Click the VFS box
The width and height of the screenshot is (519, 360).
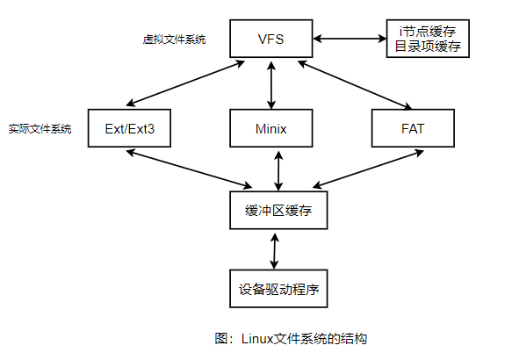pyautogui.click(x=271, y=40)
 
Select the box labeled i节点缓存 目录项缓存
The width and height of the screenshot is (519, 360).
pyautogui.click(x=428, y=40)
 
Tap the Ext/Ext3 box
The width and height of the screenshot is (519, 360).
pyautogui.click(x=129, y=128)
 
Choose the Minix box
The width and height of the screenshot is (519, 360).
pyautogui.click(x=271, y=128)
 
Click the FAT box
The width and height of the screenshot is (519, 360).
pyautogui.click(x=413, y=128)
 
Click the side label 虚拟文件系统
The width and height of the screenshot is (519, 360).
pyautogui.click(x=174, y=40)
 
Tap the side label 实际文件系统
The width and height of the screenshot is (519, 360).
pyautogui.click(x=40, y=129)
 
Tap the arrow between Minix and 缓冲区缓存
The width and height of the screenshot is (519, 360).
pyautogui.click(x=278, y=169)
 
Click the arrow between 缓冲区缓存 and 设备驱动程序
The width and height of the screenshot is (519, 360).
pyautogui.click(x=276, y=250)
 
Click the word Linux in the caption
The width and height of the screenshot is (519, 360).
pyautogui.click(x=258, y=338)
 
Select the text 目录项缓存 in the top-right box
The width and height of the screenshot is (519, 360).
pyautogui.click(x=428, y=47)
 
